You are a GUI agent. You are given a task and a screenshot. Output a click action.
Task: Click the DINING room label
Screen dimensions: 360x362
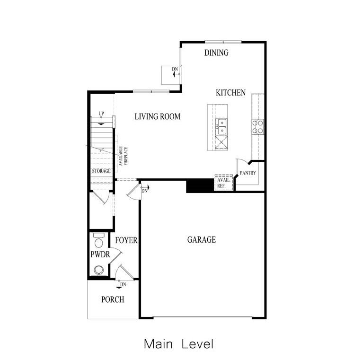(216, 53)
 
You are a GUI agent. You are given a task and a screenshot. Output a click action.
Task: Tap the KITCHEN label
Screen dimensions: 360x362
(230, 93)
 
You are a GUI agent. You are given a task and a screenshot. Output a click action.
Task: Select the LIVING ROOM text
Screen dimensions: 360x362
(157, 116)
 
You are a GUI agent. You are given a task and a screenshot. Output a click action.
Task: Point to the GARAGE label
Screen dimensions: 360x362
(202, 240)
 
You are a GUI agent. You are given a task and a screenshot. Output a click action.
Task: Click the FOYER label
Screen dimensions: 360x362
(126, 241)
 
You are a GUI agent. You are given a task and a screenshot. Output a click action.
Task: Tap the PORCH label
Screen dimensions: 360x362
(113, 299)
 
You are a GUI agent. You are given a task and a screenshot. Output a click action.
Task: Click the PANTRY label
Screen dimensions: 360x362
(248, 173)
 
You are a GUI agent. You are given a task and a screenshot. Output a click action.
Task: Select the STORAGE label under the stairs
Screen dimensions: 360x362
(101, 171)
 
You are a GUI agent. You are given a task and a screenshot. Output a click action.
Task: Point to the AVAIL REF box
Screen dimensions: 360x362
(224, 182)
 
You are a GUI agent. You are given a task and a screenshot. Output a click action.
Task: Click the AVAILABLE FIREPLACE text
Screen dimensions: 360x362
(123, 156)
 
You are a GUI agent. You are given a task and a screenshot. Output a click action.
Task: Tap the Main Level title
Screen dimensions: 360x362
(179, 343)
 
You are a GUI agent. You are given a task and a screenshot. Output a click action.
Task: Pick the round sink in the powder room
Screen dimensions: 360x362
(98, 270)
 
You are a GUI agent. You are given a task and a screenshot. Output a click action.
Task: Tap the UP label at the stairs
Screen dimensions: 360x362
(101, 114)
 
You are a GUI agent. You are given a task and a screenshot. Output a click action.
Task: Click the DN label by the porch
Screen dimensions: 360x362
(123, 284)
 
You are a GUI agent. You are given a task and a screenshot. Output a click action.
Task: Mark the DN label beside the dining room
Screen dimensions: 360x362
(175, 70)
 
